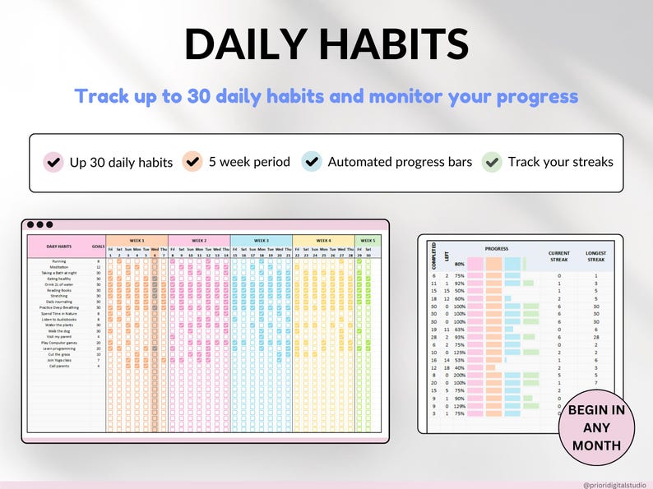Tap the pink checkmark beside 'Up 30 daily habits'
click(54, 161)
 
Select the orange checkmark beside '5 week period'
click(194, 161)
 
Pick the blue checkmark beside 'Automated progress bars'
click(312, 161)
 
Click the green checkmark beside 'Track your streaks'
click(492, 161)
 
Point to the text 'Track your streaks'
click(560, 162)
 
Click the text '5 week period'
click(249, 162)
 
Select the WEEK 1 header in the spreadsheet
click(137, 241)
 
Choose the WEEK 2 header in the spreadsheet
click(199, 241)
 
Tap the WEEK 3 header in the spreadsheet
click(262, 241)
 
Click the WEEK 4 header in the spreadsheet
click(323, 241)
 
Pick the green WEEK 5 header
click(367, 241)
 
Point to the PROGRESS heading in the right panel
click(496, 248)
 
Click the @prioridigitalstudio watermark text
click(614, 485)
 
